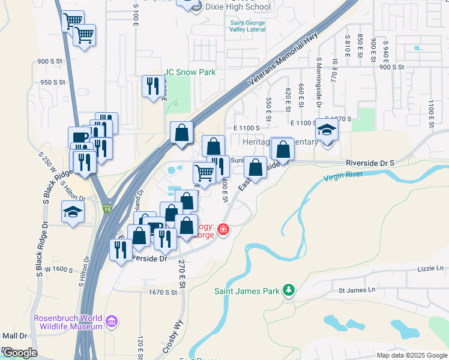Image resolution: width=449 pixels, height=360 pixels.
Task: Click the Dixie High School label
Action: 238,7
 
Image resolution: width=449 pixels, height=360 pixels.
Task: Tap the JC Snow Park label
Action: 190,72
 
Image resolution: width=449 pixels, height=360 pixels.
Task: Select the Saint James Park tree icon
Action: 289,290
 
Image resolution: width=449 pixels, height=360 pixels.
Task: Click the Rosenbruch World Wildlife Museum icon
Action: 111,322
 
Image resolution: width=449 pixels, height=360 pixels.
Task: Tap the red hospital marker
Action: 223,229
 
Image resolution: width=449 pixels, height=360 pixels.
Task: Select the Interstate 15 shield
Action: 107,209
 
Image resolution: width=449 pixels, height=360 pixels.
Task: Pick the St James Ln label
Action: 356,290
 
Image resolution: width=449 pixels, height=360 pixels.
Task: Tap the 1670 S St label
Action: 163,292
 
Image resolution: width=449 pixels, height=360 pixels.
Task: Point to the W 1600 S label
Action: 58,270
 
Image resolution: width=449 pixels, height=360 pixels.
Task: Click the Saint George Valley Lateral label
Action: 248,26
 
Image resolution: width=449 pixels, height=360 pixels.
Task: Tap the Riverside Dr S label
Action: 370,163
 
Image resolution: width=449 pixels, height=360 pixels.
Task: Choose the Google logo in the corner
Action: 19,352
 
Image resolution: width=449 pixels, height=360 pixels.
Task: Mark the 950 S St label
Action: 52,82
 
